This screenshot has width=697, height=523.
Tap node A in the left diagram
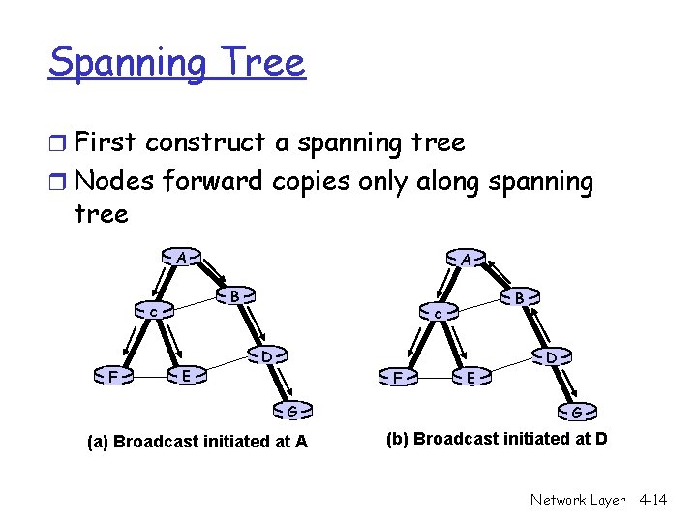click(181, 258)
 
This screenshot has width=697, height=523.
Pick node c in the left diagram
click(154, 313)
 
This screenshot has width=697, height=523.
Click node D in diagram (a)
click(266, 356)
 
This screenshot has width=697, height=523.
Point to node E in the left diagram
click(187, 375)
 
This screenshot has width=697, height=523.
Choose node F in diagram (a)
click(113, 376)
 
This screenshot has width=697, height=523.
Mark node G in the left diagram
click(290, 411)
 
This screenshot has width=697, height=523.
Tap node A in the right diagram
click(467, 260)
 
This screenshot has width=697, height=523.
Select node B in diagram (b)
click(520, 298)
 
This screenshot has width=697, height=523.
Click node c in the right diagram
click(439, 315)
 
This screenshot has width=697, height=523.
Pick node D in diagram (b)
click(550, 358)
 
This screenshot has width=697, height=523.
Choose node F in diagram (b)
click(397, 377)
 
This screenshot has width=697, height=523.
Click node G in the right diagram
click(576, 413)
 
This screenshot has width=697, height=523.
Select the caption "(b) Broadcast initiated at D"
click(497, 439)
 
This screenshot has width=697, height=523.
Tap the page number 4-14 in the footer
click(653, 500)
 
